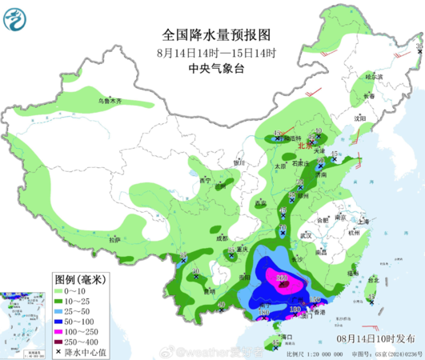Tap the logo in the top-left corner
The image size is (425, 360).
tap(16, 17)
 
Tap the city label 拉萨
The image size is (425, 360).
tap(114, 238)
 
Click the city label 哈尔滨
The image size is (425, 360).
tap(374, 77)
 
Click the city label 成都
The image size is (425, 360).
tap(221, 238)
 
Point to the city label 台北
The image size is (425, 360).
tap(373, 280)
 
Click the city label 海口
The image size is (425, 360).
tap(279, 337)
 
